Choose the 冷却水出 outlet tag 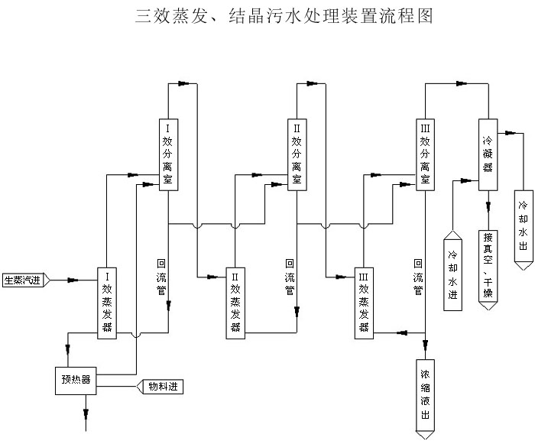(x=523, y=228)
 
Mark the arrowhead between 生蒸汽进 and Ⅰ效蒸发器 (x=73, y=280)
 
